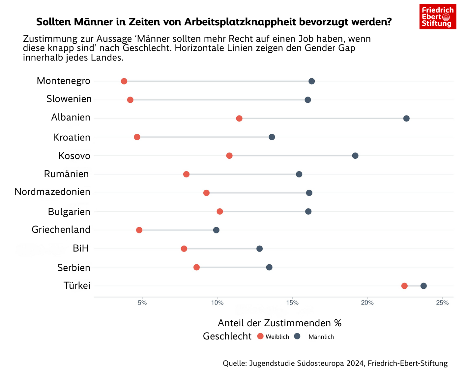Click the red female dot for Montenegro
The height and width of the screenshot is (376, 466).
(124, 81)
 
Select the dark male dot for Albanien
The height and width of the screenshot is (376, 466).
(406, 119)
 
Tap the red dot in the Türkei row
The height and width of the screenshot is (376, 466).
(404, 286)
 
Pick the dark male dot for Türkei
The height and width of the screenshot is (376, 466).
(423, 286)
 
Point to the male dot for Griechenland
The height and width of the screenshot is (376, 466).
(216, 230)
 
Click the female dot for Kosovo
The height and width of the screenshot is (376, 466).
(229, 156)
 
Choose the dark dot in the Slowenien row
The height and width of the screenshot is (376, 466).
(308, 100)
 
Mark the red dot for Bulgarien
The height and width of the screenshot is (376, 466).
(220, 211)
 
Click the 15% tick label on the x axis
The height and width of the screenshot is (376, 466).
(292, 303)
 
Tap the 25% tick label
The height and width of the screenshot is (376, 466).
(442, 303)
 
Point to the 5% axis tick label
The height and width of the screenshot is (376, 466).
(142, 303)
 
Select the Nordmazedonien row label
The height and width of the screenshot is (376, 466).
(52, 192)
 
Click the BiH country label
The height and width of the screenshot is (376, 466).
(81, 248)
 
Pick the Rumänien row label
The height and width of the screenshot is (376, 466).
(66, 174)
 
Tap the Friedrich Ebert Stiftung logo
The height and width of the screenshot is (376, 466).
(438, 17)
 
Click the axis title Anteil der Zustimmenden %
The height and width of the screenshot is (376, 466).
(279, 323)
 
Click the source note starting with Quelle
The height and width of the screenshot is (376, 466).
(335, 363)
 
